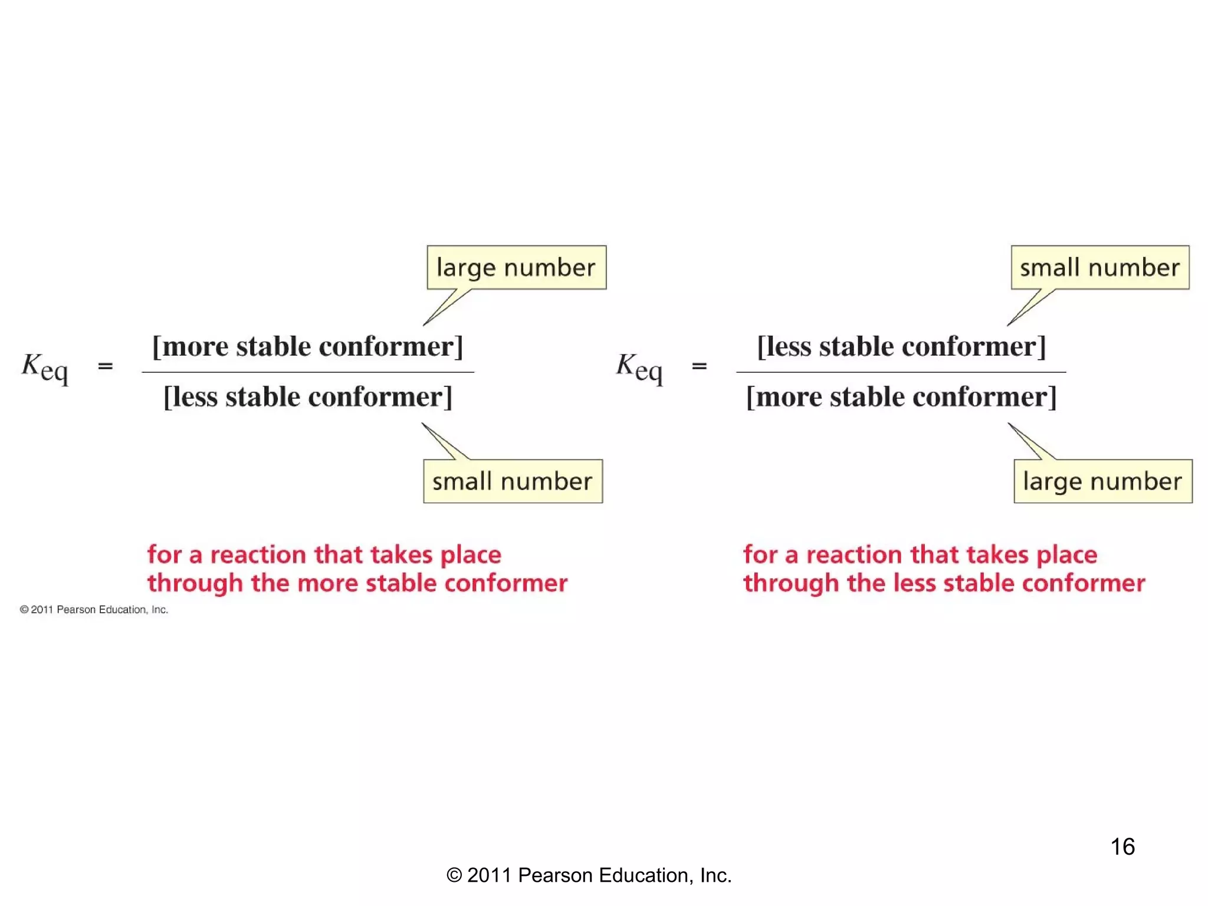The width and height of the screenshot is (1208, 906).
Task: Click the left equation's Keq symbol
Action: point(45,367)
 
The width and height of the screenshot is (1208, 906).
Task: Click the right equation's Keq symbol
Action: point(639,367)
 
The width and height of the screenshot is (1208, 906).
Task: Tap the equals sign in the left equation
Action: point(106,366)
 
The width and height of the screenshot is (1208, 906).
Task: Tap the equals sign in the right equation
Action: point(700,366)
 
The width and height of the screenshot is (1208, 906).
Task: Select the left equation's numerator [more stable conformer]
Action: point(307,346)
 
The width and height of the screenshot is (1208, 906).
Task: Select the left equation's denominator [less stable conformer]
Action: point(307,397)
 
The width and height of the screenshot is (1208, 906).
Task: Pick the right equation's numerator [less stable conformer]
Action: point(901,346)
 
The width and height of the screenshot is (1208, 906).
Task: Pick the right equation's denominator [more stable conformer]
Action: point(901,397)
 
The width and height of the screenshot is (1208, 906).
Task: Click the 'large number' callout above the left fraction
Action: point(516,268)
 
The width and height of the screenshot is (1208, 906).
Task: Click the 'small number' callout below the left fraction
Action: point(513,481)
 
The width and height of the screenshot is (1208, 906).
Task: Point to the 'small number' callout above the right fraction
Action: point(1100,268)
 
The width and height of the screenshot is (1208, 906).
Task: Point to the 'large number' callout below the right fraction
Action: point(1102,481)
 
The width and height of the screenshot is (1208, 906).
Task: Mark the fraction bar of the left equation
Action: point(307,372)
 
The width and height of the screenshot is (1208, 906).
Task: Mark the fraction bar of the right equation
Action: point(901,372)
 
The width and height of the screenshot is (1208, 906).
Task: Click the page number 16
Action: point(1122,846)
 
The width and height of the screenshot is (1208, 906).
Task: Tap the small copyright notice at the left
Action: point(94,609)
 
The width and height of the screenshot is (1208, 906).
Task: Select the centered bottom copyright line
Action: point(589,875)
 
